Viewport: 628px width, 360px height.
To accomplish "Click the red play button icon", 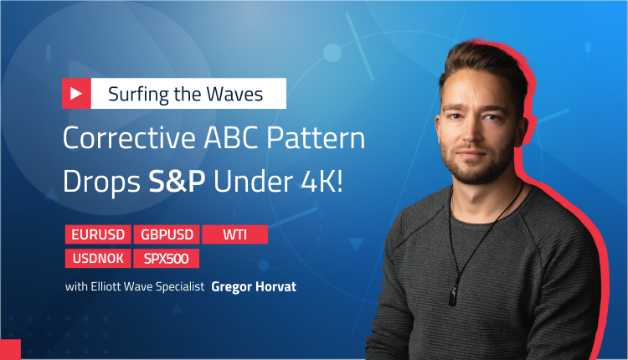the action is point(76,93).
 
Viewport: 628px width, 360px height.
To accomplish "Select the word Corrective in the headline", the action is point(129,138).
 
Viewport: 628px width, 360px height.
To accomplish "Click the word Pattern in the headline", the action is point(316,138).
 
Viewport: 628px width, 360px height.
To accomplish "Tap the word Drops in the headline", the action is point(101,182).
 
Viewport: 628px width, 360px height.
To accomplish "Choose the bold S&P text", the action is point(177,182).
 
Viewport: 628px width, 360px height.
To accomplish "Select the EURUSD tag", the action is point(98,234).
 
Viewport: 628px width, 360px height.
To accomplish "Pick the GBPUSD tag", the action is point(167,234).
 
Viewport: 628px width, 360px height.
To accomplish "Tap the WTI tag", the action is point(235,234).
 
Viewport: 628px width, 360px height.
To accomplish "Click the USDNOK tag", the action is point(98,259).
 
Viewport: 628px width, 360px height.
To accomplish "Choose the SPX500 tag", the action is point(167,259).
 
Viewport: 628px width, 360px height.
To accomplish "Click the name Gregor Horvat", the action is point(254,286).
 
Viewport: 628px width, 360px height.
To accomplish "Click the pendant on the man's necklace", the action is point(454,296).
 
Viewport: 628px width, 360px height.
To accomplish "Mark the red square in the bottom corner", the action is point(10,350).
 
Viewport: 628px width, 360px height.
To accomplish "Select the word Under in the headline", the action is point(253,182).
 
